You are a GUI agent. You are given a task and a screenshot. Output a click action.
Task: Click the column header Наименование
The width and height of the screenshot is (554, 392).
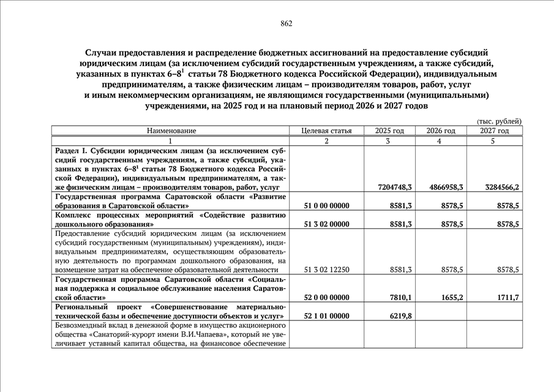click(171, 131)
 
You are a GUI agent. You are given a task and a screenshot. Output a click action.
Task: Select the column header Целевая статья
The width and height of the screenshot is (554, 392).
click(327, 131)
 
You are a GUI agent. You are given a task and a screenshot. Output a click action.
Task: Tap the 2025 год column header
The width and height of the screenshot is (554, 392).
click(389, 131)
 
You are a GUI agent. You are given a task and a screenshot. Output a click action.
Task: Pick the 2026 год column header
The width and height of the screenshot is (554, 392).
click(441, 131)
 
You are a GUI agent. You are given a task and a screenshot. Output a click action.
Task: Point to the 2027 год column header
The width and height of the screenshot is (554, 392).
click(494, 131)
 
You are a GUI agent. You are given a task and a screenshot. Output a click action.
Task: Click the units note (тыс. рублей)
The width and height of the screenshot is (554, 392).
click(499, 121)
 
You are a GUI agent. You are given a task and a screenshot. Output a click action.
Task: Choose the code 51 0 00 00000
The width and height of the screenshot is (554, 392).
click(327, 206)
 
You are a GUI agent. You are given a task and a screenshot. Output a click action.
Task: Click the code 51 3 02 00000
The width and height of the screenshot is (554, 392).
click(327, 224)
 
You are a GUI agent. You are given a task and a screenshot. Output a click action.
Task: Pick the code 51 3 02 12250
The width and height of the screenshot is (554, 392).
click(327, 269)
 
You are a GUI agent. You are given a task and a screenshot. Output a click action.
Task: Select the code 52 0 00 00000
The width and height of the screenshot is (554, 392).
click(327, 298)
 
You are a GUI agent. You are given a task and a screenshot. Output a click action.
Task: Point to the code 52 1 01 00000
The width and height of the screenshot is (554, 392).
click(327, 316)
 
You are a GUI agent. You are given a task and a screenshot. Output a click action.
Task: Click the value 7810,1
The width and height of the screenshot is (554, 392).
click(400, 298)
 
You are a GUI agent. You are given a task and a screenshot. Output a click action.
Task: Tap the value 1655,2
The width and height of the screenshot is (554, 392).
click(451, 298)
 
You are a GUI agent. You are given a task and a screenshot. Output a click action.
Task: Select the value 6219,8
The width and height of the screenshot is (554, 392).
click(400, 316)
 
